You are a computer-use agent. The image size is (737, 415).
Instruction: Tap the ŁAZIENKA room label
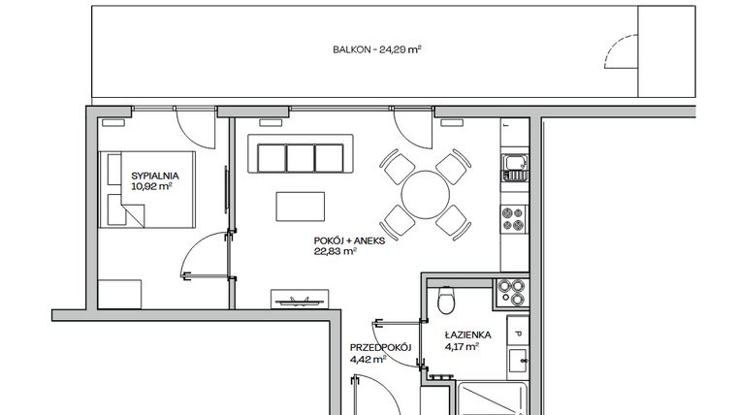(468, 335)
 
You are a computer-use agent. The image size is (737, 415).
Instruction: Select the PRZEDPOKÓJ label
(382, 347)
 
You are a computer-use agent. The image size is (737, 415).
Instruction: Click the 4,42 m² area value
(368, 359)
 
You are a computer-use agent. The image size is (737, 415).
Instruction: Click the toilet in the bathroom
(445, 300)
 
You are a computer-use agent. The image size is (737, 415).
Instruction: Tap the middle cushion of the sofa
(300, 155)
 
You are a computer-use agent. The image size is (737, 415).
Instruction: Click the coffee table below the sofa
(301, 207)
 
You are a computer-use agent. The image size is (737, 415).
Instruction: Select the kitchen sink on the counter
(514, 168)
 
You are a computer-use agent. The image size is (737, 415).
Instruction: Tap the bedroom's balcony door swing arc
(190, 127)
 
